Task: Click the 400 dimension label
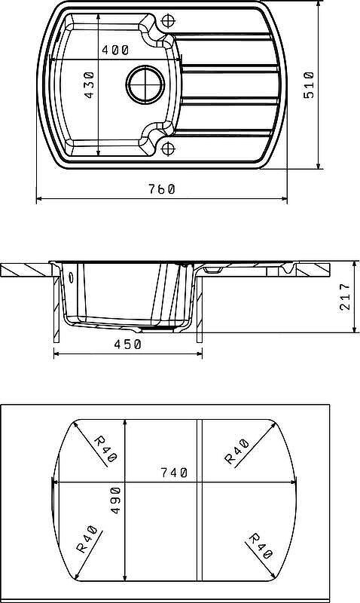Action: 116,50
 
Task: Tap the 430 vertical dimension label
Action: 89,84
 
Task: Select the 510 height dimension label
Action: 309,85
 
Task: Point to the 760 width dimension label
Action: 162,189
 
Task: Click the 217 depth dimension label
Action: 345,297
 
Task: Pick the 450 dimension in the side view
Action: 127,344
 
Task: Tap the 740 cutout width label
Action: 174,473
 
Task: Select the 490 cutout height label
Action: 115,500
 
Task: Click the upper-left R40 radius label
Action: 105,448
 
